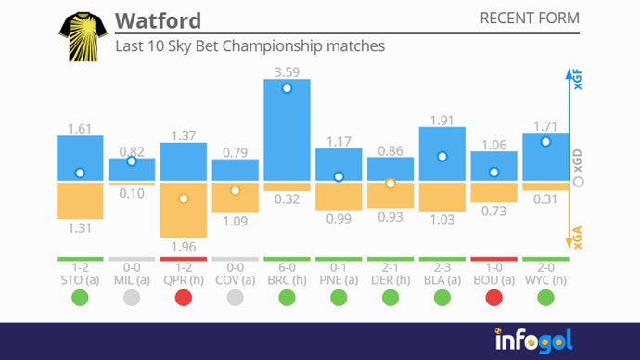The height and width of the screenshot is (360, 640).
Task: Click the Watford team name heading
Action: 158,20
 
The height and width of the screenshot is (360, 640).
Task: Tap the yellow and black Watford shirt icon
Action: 81,37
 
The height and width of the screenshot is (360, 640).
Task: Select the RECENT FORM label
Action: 530,19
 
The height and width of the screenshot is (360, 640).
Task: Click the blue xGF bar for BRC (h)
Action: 287,130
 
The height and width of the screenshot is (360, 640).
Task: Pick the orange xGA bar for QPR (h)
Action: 184,210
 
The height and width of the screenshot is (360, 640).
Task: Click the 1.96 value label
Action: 184,247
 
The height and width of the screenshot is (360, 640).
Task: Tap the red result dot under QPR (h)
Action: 184,298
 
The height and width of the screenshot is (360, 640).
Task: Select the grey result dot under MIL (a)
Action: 132,298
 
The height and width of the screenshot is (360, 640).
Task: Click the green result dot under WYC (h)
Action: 545,298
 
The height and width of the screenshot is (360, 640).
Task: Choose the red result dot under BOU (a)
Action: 493,298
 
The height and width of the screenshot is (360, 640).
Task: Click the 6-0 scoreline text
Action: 287,267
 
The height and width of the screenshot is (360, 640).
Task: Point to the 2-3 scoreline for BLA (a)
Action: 442,267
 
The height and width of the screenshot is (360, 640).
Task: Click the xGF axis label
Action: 578,81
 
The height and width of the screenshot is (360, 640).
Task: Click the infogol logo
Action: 535,339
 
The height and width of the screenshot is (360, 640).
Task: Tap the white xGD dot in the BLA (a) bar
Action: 442,157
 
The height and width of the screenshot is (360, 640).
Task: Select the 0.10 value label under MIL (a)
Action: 132,193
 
